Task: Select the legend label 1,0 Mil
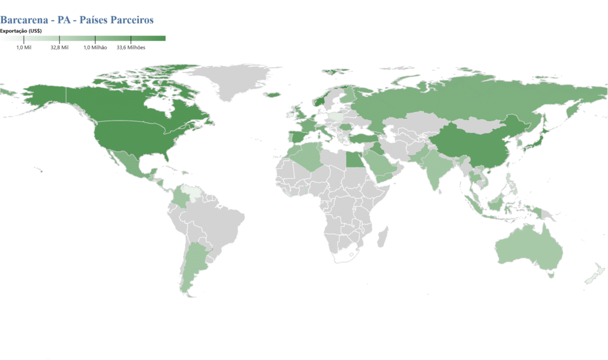23,48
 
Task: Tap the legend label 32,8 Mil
59,48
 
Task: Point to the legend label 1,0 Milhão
95,48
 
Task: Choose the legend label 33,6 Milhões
131,48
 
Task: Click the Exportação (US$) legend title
20,31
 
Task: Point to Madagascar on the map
383,232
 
